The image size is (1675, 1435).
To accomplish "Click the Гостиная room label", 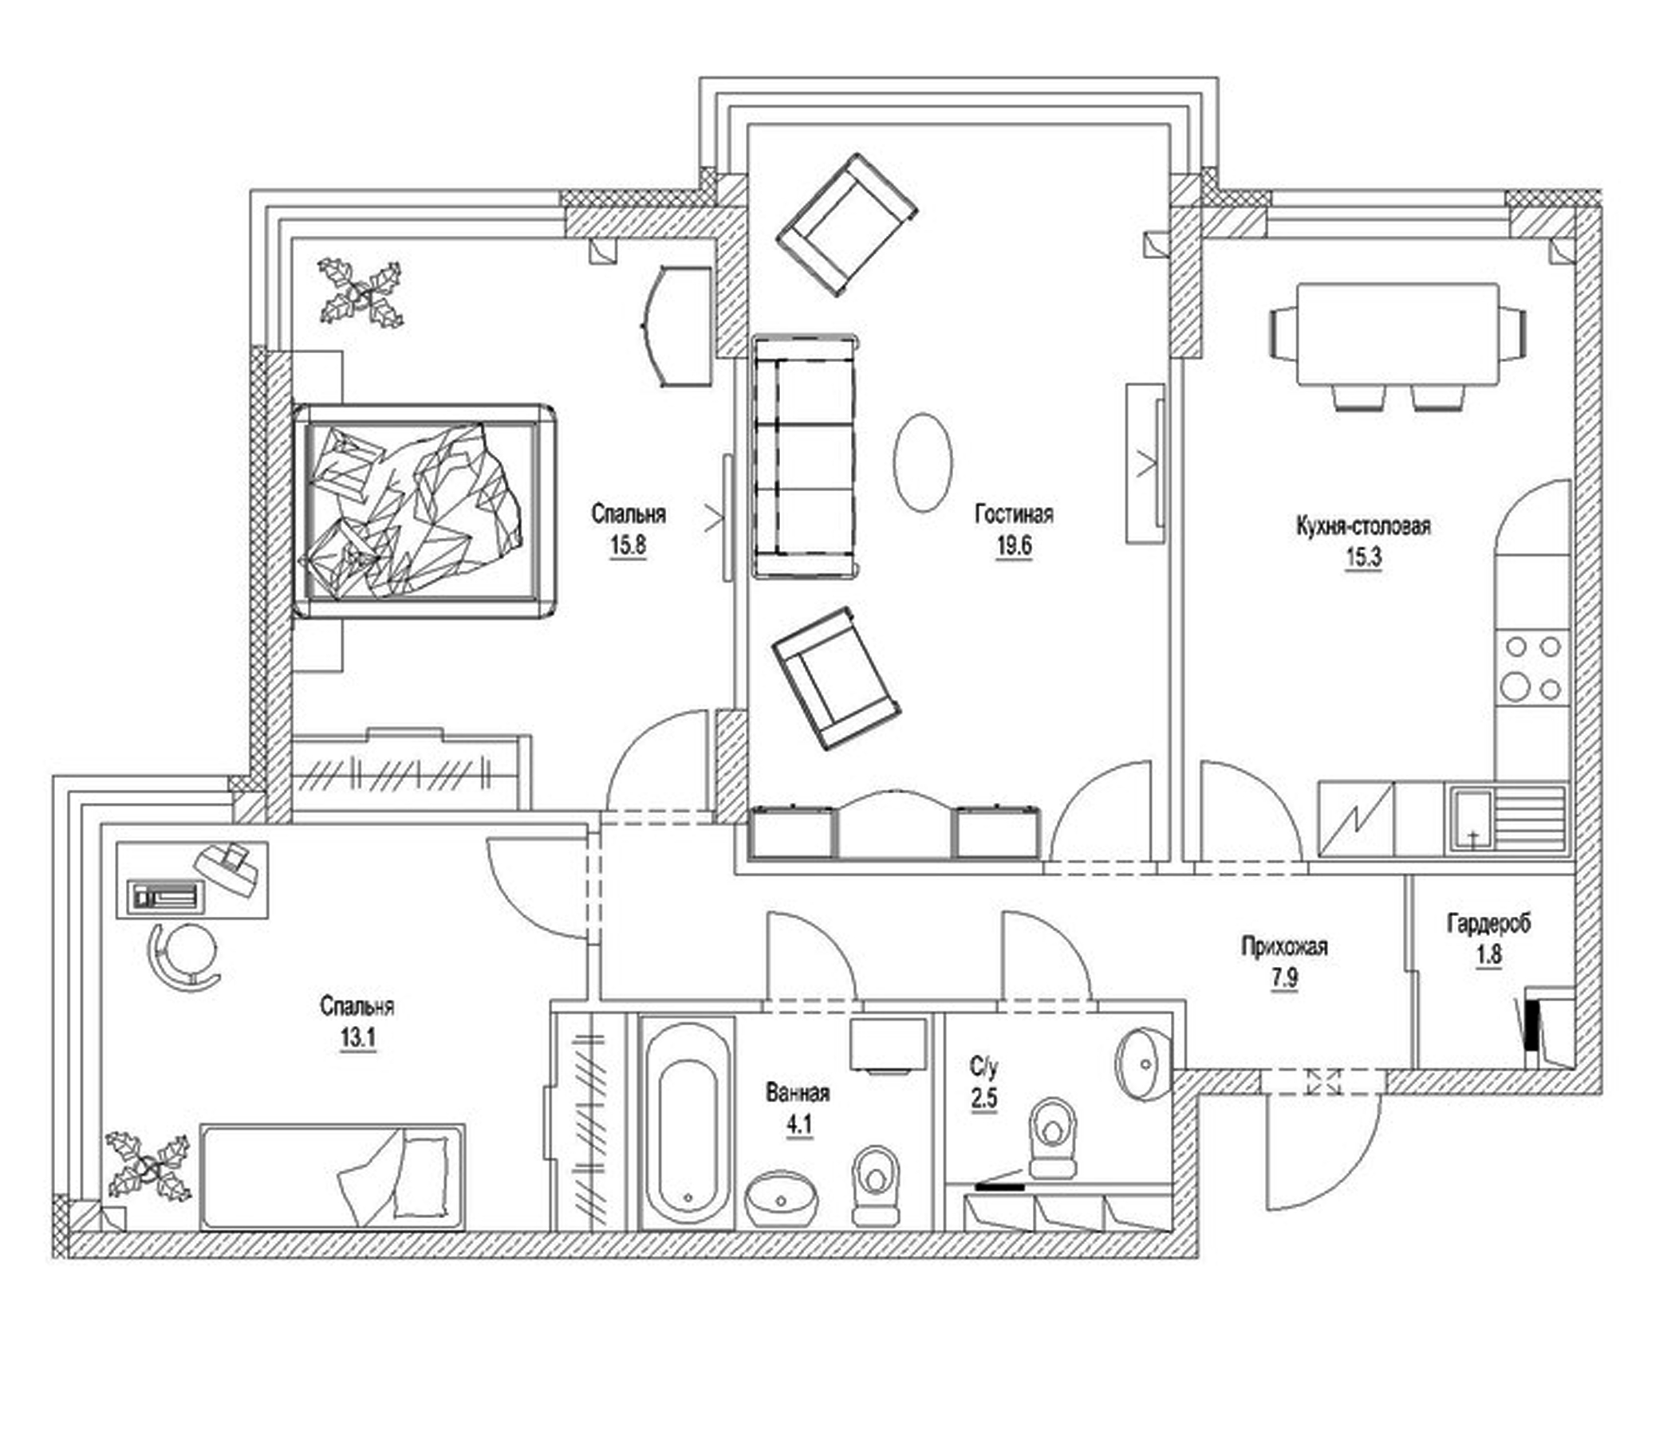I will pyautogui.click(x=1014, y=514).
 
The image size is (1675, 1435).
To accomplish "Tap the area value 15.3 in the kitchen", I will pyautogui.click(x=1363, y=557).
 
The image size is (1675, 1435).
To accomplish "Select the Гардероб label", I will pyautogui.click(x=1488, y=922).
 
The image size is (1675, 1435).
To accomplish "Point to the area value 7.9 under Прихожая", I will pyautogui.click(x=1283, y=978).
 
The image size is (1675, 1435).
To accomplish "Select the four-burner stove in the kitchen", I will pyautogui.click(x=1532, y=667).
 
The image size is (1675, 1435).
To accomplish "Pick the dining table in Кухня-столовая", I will pyautogui.click(x=1397, y=335).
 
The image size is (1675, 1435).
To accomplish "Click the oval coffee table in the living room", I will pyautogui.click(x=922, y=462).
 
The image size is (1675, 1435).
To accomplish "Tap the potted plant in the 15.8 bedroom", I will pyautogui.click(x=361, y=292).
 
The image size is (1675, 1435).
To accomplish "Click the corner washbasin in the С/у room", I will pyautogui.click(x=1143, y=1065).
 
